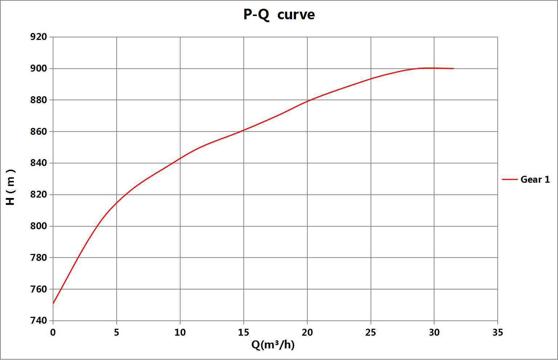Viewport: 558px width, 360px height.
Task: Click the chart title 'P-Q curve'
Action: [279, 15]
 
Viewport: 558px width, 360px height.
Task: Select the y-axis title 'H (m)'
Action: [11, 187]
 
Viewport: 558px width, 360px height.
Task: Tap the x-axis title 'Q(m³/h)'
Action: [273, 344]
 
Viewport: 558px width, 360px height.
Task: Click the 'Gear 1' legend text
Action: [535, 179]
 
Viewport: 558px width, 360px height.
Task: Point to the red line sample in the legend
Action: [509, 179]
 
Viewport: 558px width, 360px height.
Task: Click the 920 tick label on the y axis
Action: [39, 37]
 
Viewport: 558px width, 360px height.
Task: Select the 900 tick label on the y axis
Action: [39, 69]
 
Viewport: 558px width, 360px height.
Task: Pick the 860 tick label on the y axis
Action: [39, 132]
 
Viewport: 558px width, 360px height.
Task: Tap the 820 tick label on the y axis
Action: [39, 195]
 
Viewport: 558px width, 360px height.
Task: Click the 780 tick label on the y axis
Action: [39, 258]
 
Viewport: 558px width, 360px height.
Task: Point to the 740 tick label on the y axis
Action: [39, 321]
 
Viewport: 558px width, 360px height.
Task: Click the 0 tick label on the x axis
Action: [53, 332]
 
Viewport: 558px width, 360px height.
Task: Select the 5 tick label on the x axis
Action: [117, 332]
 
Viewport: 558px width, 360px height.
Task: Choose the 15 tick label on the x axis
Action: [243, 332]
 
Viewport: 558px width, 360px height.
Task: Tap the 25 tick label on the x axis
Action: [371, 332]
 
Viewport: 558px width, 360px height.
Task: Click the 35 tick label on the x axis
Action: [498, 332]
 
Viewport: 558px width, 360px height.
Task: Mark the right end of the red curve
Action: [453, 68]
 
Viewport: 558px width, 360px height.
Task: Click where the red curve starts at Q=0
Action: [53, 303]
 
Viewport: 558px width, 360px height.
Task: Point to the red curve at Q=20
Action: [307, 101]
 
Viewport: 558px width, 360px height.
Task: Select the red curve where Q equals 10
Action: [180, 158]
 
